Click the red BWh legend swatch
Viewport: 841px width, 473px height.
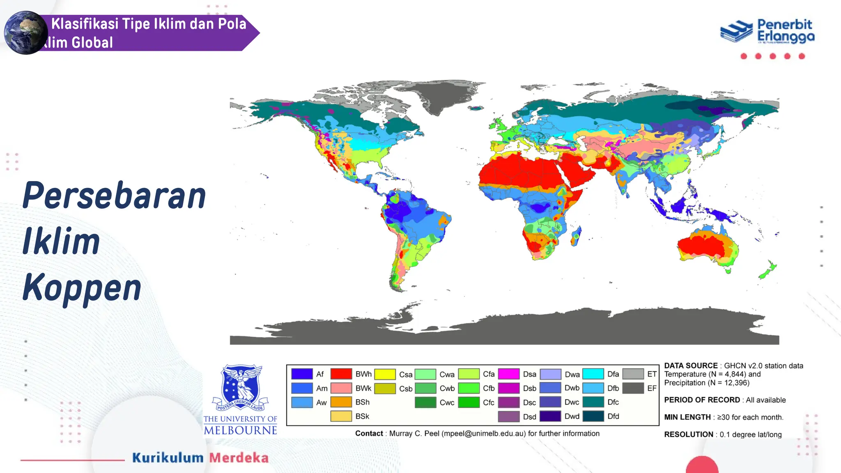click(341, 374)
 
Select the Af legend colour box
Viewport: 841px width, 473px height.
click(302, 374)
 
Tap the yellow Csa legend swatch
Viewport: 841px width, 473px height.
click(385, 374)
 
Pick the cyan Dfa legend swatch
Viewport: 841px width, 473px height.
click(593, 374)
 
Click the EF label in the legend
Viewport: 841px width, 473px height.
click(652, 388)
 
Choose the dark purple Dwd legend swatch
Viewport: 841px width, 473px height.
click(550, 416)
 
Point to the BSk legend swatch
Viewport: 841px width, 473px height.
click(341, 416)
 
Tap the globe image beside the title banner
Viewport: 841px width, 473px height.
click(25, 33)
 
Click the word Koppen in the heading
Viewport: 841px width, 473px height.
click(82, 288)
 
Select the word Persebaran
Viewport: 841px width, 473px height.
click(114, 196)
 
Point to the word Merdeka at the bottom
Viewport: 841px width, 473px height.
click(239, 458)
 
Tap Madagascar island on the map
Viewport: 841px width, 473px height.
click(576, 236)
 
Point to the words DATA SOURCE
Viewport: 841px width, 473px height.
click(691, 365)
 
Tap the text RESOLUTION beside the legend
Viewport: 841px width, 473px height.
click(688, 434)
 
